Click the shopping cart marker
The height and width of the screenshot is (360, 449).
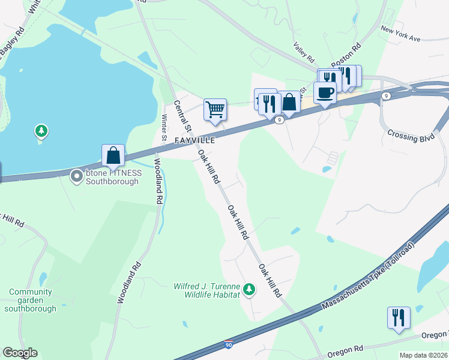tap(215, 110)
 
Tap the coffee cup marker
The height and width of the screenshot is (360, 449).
tap(325, 93)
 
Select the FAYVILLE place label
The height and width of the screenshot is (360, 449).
tap(194, 140)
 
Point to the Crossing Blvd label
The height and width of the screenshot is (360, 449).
tap(411, 136)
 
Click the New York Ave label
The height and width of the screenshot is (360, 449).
tap(400, 33)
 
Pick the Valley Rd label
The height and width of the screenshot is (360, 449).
tap(304, 52)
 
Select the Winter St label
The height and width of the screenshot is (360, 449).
tap(164, 130)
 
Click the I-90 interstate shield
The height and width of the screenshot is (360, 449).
tap(228, 344)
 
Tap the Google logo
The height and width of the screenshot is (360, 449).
tap(20, 353)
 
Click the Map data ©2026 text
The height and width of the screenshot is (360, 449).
tap(424, 355)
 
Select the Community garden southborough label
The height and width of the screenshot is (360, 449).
tap(30, 300)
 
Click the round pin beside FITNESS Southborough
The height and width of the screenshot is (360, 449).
tap(77, 176)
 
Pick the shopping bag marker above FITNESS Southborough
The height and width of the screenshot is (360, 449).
tap(113, 156)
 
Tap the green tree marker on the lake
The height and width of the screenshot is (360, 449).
tap(41, 130)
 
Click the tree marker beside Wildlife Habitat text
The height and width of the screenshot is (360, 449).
tap(249, 290)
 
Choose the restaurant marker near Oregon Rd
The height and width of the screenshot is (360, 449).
tap(399, 317)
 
